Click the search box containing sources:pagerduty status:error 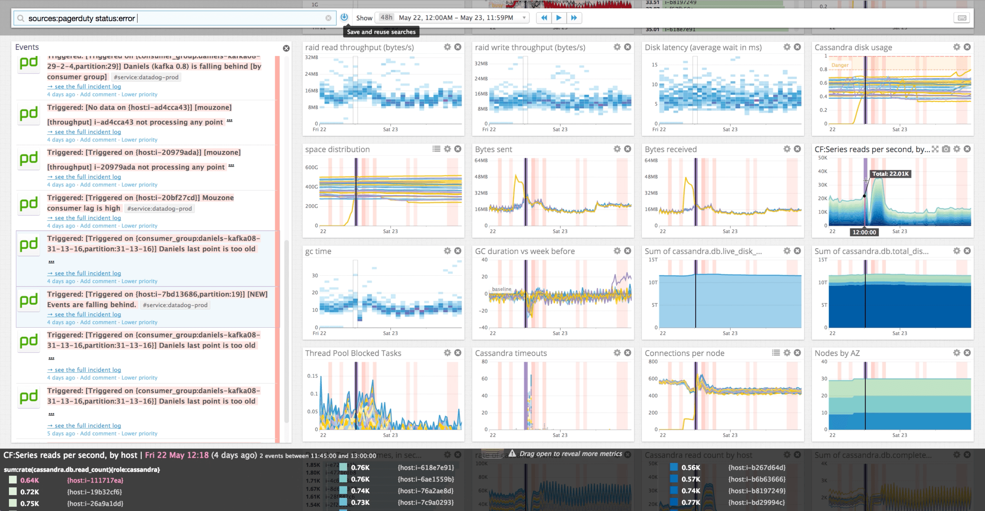pos(172,18)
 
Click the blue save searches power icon pos(344,17)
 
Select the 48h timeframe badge pos(386,18)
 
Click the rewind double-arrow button pos(544,18)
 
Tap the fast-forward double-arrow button pos(574,18)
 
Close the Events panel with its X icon pos(286,48)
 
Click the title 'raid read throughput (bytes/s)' pos(359,47)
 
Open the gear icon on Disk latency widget pos(787,47)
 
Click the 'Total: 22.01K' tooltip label pos(890,174)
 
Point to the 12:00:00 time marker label pos(864,232)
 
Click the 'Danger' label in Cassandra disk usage pos(840,65)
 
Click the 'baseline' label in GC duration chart pos(501,289)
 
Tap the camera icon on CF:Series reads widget pos(946,149)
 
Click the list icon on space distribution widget pos(436,149)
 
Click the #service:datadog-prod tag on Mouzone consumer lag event pos(159,208)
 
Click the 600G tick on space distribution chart pos(311,167)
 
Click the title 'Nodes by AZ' pos(837,353)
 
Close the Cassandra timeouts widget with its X pos(628,353)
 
